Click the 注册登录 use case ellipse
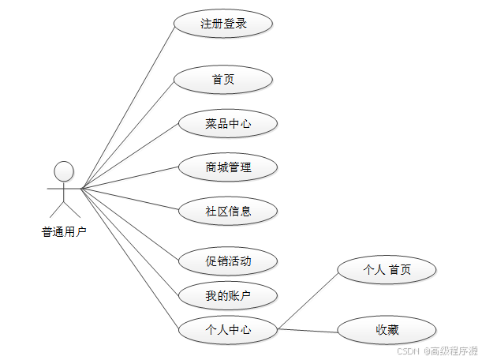point(224,24)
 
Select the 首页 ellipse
point(223,80)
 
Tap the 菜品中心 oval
point(228,123)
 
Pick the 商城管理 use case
point(228,167)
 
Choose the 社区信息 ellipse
point(228,211)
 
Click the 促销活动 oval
point(228,261)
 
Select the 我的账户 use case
point(228,296)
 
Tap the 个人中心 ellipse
point(228,329)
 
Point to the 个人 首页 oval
point(387,270)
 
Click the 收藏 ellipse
point(387,329)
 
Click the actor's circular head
point(64,171)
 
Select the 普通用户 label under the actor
point(64,232)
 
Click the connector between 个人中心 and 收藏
point(308,329)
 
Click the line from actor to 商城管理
point(130,178)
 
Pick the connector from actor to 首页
point(126,134)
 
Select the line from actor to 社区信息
point(130,199)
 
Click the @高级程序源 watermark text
point(450,351)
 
